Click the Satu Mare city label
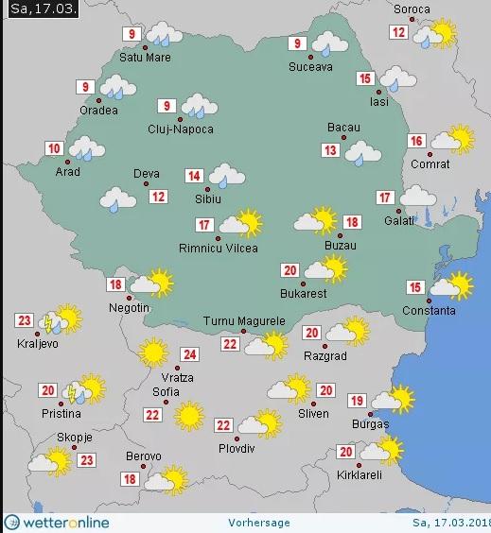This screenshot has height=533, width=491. tap(143, 58)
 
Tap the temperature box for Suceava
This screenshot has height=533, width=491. tap(298, 43)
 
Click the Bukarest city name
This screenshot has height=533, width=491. tap(303, 293)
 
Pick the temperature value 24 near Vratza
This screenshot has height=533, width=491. tap(190, 355)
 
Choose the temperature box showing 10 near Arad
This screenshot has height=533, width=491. tap(54, 147)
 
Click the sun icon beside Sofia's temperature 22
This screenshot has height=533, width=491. tap(188, 414)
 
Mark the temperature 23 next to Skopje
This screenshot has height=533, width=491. tap(87, 460)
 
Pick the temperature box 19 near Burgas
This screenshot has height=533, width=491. tap(357, 400)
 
